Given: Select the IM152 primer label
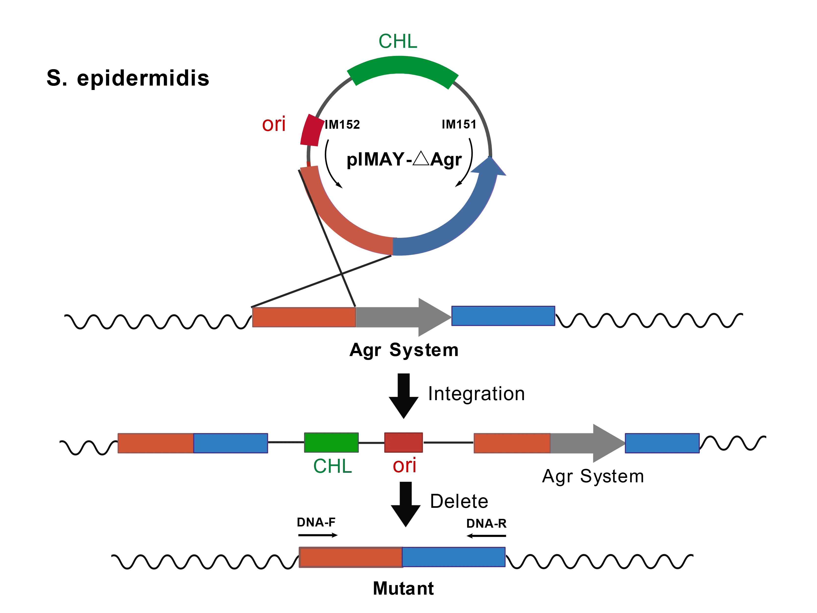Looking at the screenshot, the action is pyautogui.click(x=342, y=125).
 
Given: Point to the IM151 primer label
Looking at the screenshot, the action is pyautogui.click(x=459, y=125).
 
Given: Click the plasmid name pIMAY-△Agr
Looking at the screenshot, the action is pyautogui.click(x=404, y=160).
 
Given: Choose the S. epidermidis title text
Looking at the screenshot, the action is pyautogui.click(x=128, y=78).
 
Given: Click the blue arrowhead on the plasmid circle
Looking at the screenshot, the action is pyautogui.click(x=489, y=166).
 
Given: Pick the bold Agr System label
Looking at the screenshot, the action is pyautogui.click(x=404, y=350).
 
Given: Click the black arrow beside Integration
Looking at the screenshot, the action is pyautogui.click(x=404, y=396).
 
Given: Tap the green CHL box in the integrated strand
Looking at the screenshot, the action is pyautogui.click(x=331, y=442).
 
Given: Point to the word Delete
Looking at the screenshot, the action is pyautogui.click(x=459, y=501).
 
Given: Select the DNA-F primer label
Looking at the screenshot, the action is pyautogui.click(x=316, y=522).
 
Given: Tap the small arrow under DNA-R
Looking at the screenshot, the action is pyautogui.click(x=486, y=536).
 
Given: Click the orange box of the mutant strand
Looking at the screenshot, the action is pyautogui.click(x=351, y=557).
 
